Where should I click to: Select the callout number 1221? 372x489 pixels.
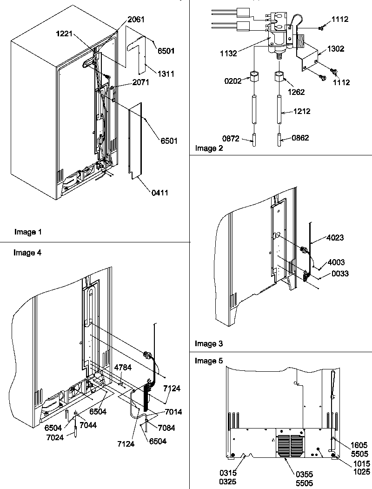tap(66, 34)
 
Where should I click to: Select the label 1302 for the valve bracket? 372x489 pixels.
tap(335, 49)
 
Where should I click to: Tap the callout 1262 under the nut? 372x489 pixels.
tap(296, 92)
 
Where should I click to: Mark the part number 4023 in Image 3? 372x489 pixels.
tap(335, 237)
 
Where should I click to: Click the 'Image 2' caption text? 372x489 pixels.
tap(209, 149)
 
